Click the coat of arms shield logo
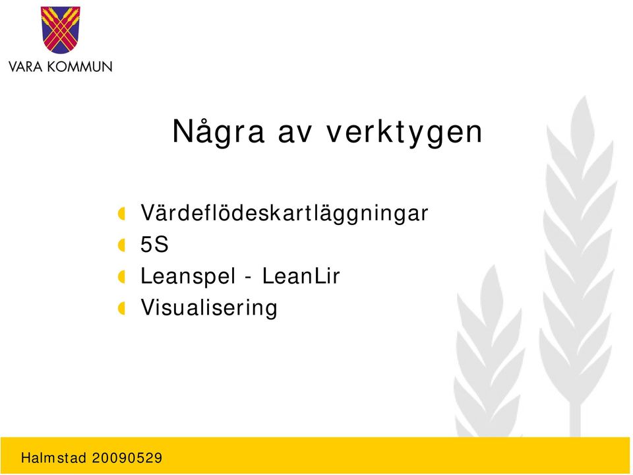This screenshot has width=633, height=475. tap(60, 30)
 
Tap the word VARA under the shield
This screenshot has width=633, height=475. tap(26, 66)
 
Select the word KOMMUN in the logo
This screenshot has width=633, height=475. tap(80, 66)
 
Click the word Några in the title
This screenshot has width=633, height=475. tap(218, 132)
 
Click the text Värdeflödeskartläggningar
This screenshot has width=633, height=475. tap(284, 213)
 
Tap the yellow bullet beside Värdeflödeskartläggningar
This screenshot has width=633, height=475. tap(121, 213)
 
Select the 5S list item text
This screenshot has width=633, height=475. tap(154, 244)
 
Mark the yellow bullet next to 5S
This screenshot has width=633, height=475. tap(121, 245)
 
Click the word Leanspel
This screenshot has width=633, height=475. tap(188, 276)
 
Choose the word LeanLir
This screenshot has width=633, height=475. tap(301, 276)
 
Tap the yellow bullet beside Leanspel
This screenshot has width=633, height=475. tap(121, 276)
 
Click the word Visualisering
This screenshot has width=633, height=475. tap(209, 308)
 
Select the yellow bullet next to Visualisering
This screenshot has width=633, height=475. tap(121, 309)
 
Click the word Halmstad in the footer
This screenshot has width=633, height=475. tap(53, 458)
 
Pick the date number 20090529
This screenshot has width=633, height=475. tap(127, 458)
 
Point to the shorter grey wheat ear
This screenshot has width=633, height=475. tap(489, 352)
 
